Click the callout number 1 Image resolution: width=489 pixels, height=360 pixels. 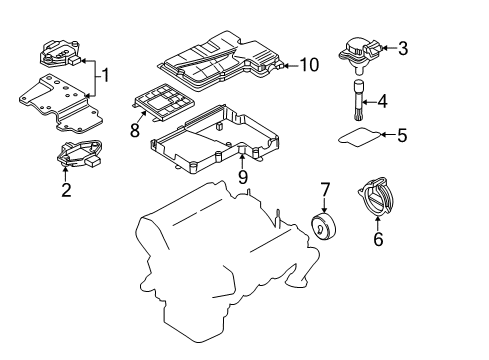[x=105, y=75]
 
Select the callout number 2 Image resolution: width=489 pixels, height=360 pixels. [x=66, y=190]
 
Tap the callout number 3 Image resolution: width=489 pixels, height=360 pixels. [x=403, y=48]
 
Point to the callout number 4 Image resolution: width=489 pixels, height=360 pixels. [x=382, y=101]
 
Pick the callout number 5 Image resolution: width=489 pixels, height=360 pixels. [x=402, y=135]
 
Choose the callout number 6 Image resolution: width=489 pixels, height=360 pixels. [x=378, y=239]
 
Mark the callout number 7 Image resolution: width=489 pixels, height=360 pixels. [x=325, y=189]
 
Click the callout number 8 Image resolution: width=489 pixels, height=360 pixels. [x=135, y=130]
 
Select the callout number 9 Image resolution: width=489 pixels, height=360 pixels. [x=243, y=177]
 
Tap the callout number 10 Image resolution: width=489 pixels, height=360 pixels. [x=309, y=65]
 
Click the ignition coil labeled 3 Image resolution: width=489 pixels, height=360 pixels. [x=360, y=56]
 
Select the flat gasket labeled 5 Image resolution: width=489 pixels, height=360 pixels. [x=359, y=137]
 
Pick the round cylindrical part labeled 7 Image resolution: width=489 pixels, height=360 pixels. [x=324, y=227]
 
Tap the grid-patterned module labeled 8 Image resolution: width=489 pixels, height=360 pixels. [x=163, y=102]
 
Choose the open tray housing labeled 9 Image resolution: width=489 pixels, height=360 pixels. [x=215, y=139]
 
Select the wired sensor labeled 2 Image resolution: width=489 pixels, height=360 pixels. [x=80, y=154]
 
